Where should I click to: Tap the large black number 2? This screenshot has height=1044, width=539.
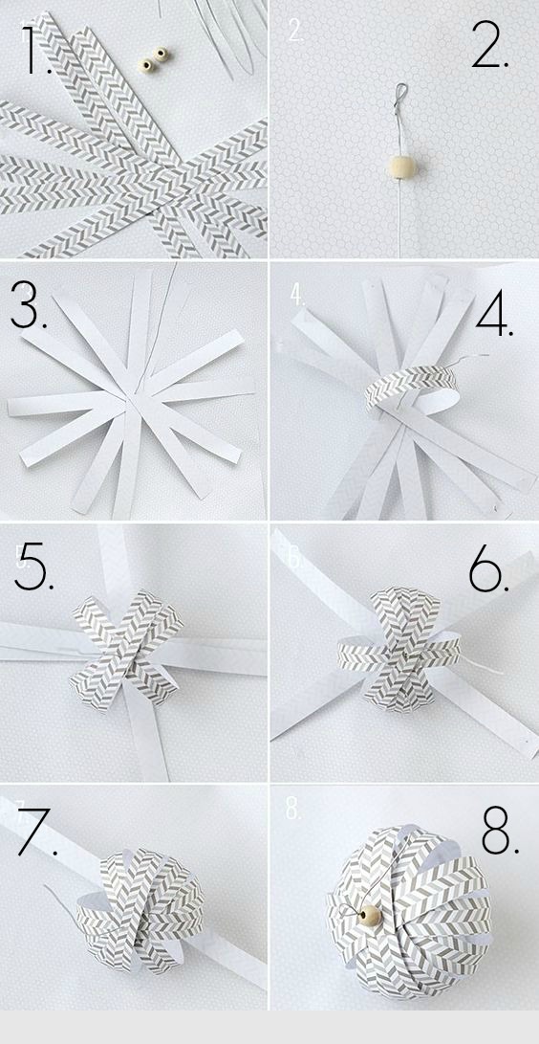(490, 44)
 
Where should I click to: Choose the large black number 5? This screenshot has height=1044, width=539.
(33, 566)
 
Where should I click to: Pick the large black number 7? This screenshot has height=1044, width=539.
(36, 832)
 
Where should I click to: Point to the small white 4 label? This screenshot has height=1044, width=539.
(297, 295)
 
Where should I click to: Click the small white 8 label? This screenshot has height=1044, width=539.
(293, 808)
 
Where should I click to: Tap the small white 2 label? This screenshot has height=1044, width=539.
(295, 30)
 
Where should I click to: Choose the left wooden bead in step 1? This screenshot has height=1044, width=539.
(145, 64)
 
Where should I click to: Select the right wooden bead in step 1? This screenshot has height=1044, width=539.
(161, 54)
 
